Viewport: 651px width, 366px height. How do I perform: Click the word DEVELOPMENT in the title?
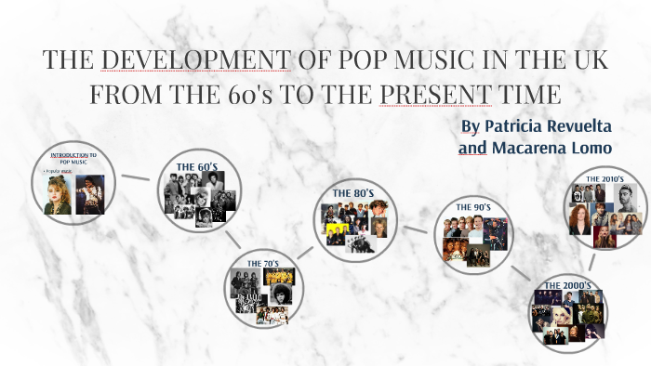tap(195, 60)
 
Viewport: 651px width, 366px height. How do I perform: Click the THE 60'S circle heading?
tap(196, 167)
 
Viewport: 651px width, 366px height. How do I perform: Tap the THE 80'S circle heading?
tap(352, 193)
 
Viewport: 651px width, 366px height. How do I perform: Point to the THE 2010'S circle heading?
tap(604, 178)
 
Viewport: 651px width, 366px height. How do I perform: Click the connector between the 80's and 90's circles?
tap(416, 229)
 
